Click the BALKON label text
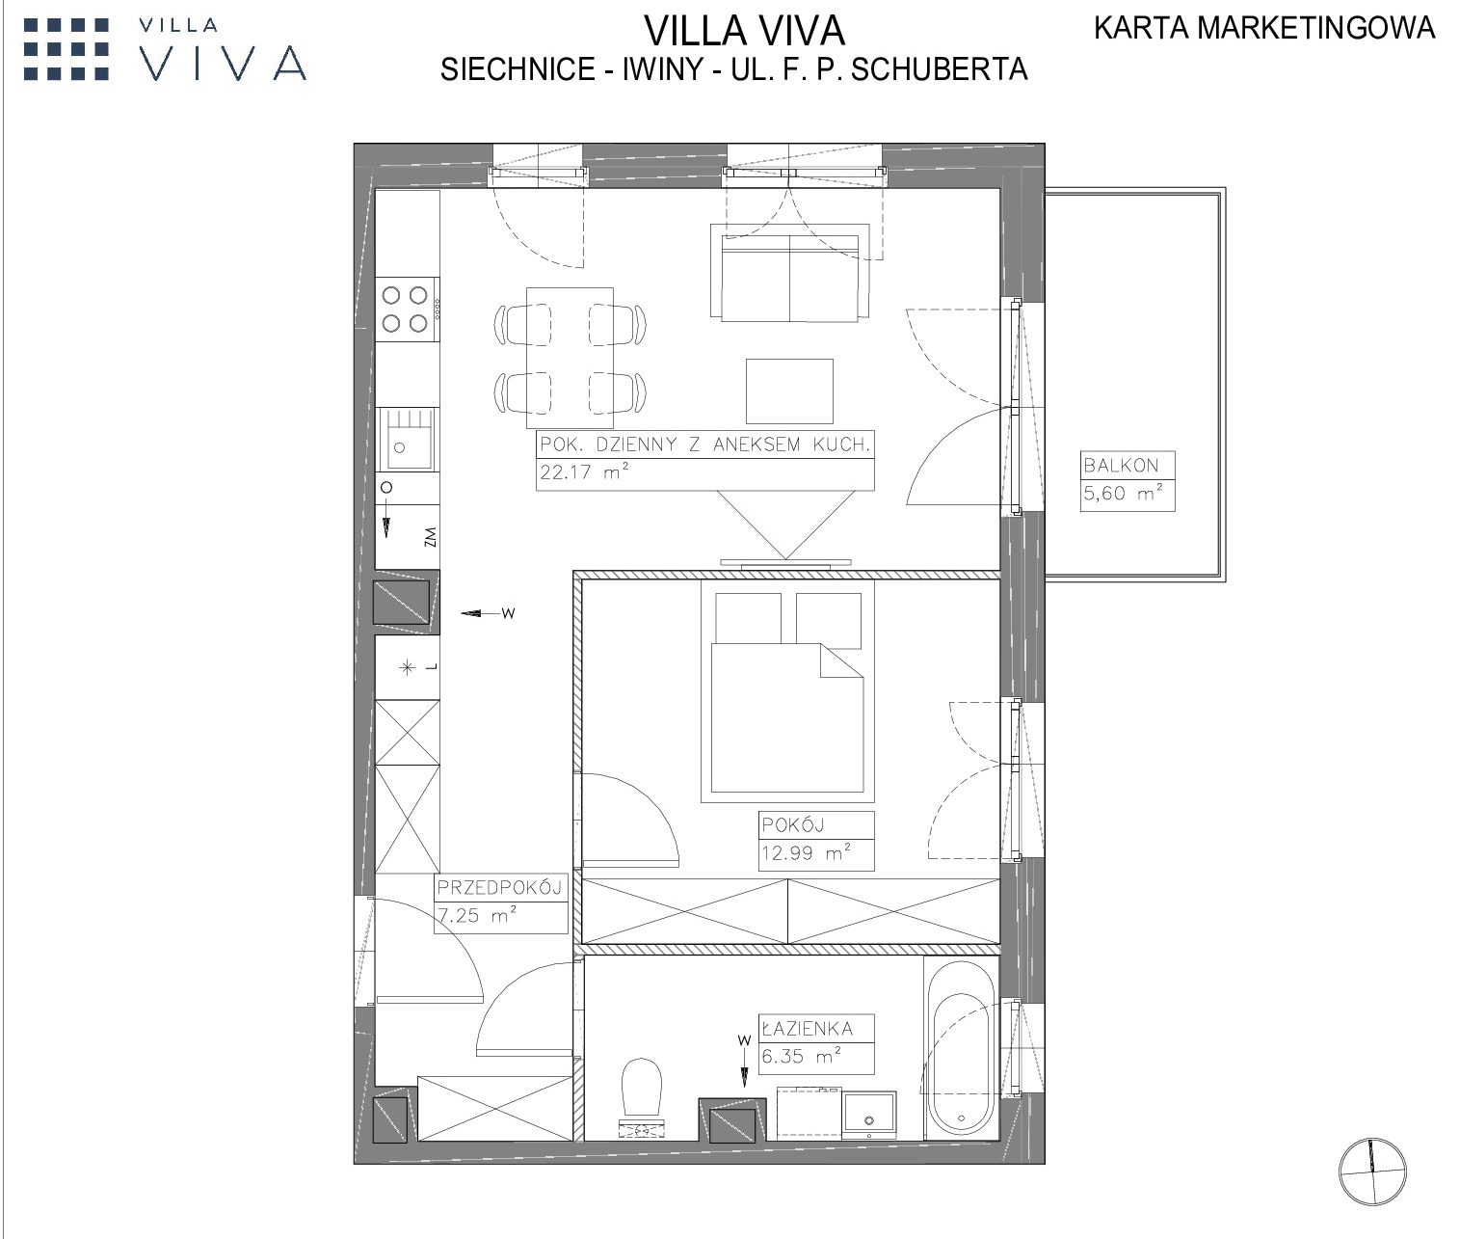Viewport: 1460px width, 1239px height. [1121, 465]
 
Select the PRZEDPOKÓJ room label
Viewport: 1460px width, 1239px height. [499, 887]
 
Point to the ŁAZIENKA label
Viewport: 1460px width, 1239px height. [808, 1028]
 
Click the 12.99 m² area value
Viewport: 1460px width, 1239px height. [806, 852]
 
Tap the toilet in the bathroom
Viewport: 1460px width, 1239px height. [642, 1097]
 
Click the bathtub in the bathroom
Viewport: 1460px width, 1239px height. [961, 1047]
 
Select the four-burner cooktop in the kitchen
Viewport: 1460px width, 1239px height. [406, 309]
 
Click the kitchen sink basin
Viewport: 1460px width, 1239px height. [405, 439]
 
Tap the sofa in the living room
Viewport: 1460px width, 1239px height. [789, 271]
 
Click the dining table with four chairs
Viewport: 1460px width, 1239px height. [570, 358]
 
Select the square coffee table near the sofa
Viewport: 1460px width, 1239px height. [789, 391]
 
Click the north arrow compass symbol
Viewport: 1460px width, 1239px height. [1372, 1172]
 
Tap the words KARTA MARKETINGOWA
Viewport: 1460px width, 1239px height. [1264, 28]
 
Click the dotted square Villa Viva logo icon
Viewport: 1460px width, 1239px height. [66, 49]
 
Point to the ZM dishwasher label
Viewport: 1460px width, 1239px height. [430, 537]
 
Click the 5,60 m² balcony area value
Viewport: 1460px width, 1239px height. [1123, 493]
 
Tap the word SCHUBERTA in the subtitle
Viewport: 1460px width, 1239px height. [940, 69]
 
